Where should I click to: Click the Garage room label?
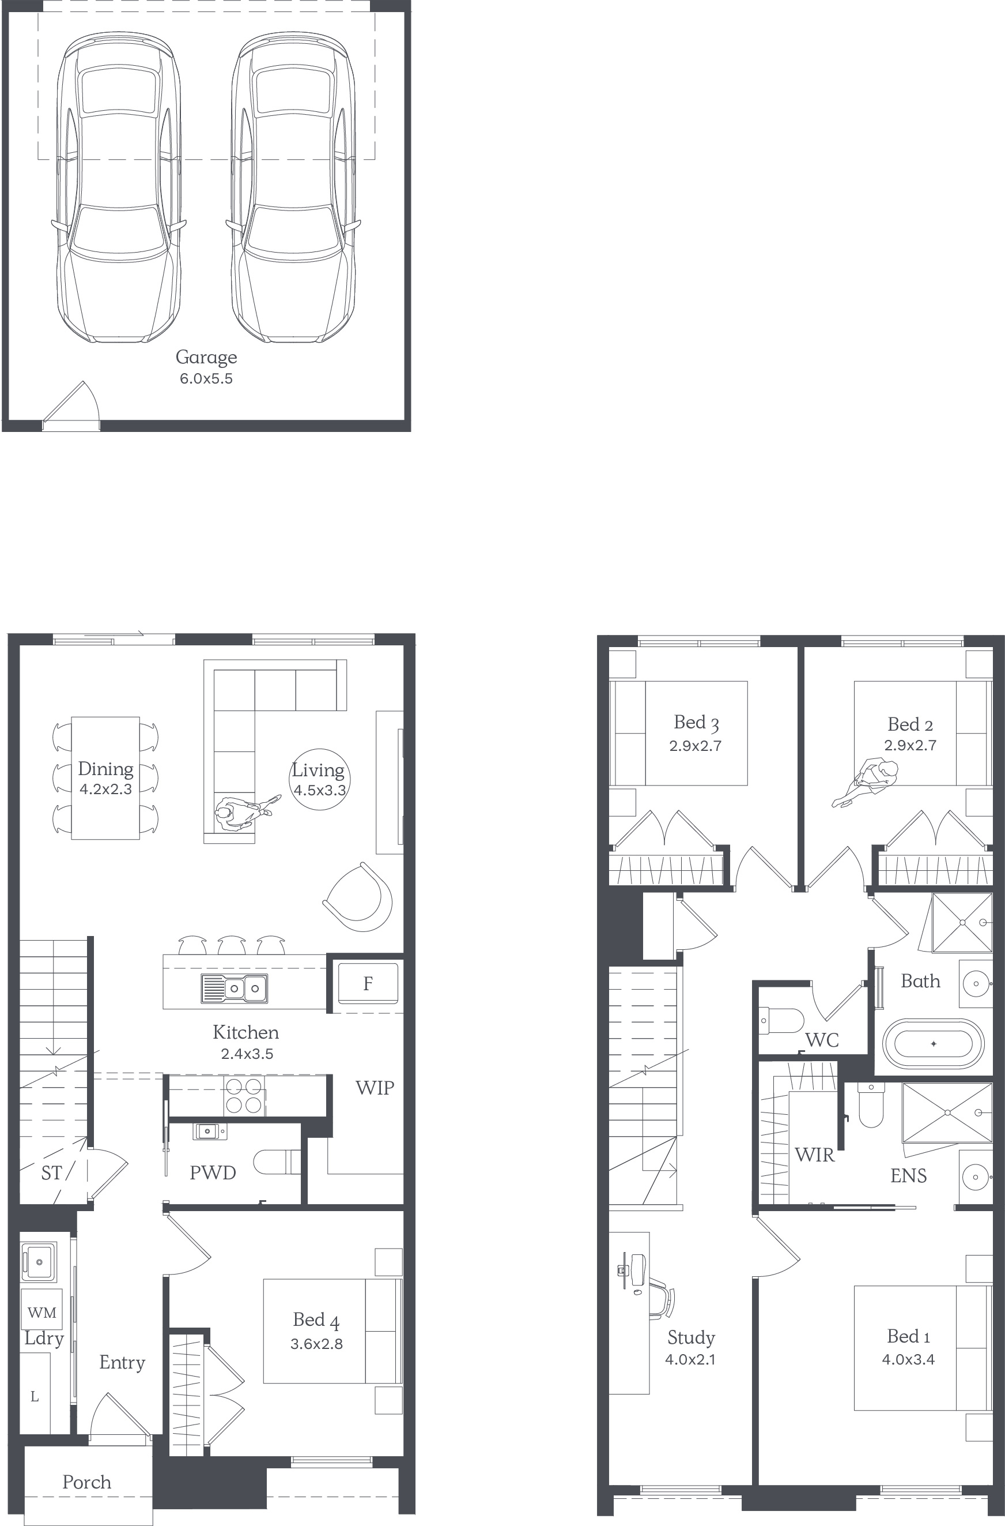pos(206,358)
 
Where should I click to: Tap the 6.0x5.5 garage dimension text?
pos(206,378)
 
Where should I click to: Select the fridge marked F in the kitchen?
pos(368,983)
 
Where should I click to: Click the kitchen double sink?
pos(234,988)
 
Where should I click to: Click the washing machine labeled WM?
pos(41,1313)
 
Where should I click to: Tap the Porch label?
pos(86,1482)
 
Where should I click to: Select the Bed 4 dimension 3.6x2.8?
pos(316,1344)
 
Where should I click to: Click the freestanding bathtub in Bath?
pos(933,1044)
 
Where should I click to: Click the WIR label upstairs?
pos(815,1155)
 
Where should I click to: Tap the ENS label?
pos(908,1176)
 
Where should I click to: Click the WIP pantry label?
pos(375,1088)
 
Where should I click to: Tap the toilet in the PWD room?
pos(277,1162)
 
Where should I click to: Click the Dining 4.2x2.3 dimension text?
pos(106,790)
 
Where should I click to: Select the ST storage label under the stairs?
pos(51,1172)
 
